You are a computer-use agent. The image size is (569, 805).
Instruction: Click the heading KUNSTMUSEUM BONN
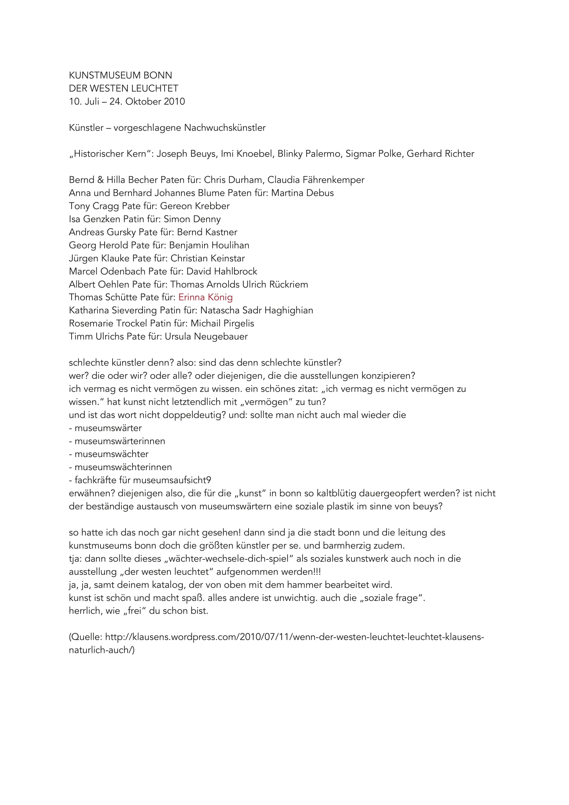pos(120,75)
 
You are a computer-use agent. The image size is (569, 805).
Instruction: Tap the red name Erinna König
pos(206,297)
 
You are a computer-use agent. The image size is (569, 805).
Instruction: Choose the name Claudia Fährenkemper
pos(316,180)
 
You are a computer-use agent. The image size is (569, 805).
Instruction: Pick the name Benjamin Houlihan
pos(209,245)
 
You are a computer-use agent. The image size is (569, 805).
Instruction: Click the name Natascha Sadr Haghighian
pos(257,310)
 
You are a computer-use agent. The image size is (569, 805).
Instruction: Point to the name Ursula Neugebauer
pos(206,337)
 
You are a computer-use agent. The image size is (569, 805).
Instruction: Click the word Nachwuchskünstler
pos(225,128)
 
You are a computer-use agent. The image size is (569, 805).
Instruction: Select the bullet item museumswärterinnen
pos(120,441)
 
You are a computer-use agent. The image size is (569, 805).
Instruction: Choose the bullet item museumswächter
pos(112,454)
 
